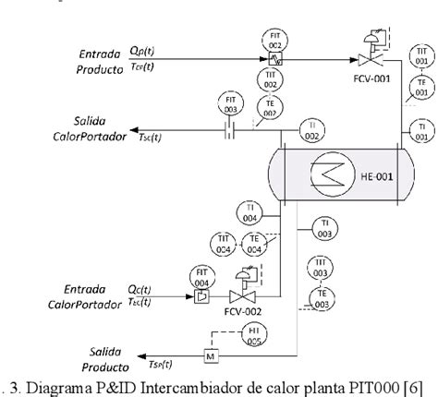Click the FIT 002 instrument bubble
pyautogui.click(x=275, y=40)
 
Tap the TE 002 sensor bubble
pyautogui.click(x=269, y=110)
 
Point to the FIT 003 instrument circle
pyautogui.click(x=229, y=101)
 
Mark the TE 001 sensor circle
pyautogui.click(x=421, y=90)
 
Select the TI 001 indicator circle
pyautogui.click(x=420, y=130)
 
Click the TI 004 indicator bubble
pyautogui.click(x=249, y=212)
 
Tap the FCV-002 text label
pyautogui.click(x=243, y=312)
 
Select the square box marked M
pyautogui.click(x=210, y=355)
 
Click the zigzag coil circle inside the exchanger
pyautogui.click(x=326, y=171)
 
